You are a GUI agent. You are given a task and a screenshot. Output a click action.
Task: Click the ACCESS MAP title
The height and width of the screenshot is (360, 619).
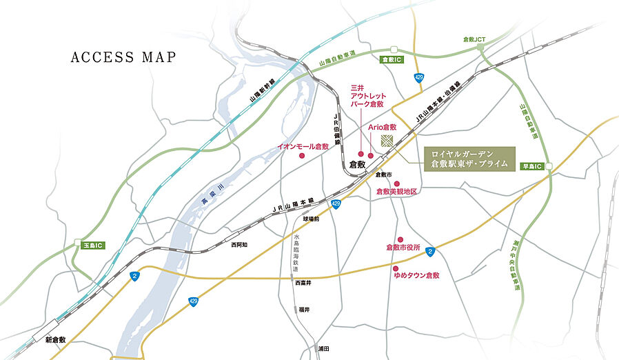(x=123, y=57)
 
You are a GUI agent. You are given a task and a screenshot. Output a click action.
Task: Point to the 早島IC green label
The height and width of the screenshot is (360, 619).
(x=532, y=166)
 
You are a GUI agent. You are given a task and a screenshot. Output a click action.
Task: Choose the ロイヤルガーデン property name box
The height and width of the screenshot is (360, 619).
(x=468, y=158)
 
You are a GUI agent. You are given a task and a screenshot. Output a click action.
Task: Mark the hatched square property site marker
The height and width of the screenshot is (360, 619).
(x=387, y=140)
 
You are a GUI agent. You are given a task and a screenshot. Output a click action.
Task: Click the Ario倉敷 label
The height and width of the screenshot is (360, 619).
(x=383, y=128)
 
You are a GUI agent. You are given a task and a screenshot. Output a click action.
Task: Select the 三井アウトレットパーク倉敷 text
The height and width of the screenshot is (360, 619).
(x=368, y=96)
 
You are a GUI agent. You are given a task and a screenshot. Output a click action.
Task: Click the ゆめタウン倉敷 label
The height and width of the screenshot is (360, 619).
(x=416, y=275)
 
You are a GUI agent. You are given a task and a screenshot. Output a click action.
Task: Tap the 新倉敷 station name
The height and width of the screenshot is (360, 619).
(x=55, y=340)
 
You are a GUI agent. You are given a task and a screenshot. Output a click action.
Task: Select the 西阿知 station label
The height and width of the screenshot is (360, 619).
(x=239, y=245)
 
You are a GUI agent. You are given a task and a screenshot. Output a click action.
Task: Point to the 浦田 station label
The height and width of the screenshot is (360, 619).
(x=323, y=349)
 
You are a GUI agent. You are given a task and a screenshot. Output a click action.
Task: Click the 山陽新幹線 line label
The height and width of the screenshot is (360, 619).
(x=263, y=91)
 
